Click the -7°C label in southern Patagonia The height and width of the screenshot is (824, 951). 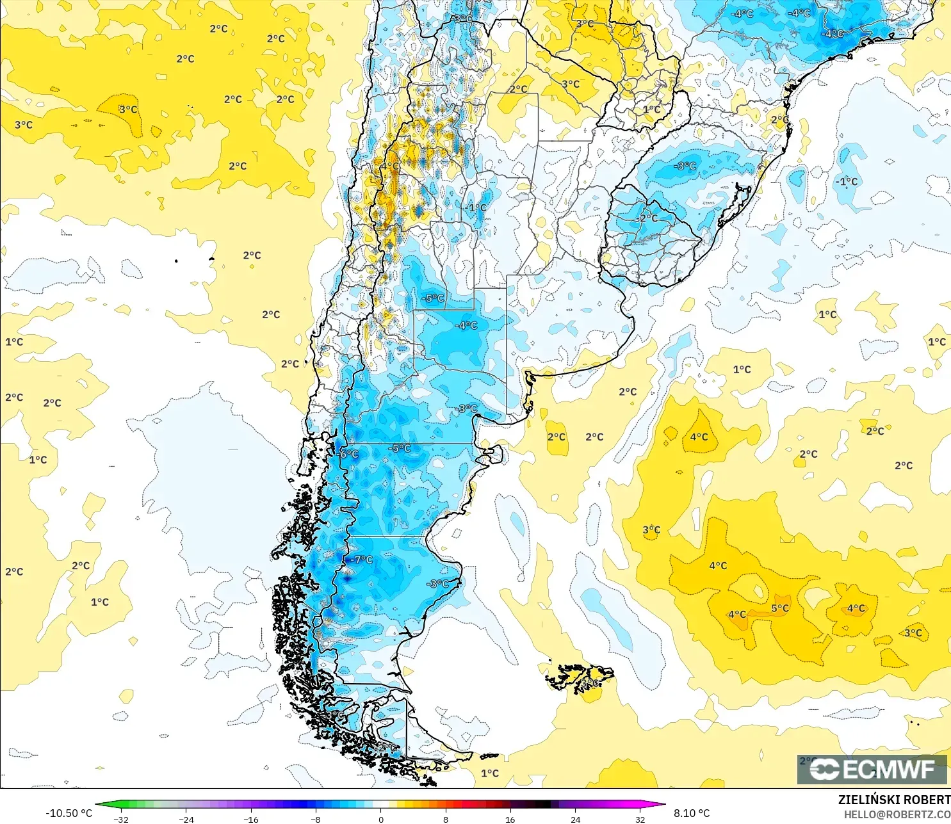click(x=362, y=560)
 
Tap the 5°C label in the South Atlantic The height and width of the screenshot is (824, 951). click(x=780, y=608)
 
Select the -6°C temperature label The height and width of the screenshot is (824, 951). click(x=349, y=454)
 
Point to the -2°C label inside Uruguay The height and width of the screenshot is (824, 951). click(x=648, y=218)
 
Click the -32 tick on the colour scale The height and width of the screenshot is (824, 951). click(x=121, y=819)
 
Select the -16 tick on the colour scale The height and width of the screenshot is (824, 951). click(x=251, y=819)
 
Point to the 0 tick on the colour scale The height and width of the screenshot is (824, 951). click(x=381, y=819)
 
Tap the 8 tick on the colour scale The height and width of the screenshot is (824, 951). click(x=446, y=819)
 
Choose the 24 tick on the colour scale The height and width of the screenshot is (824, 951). click(x=575, y=819)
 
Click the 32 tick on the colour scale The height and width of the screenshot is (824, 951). click(x=640, y=819)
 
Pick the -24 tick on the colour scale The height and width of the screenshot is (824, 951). click(x=186, y=819)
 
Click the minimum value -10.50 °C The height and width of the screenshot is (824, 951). click(x=69, y=813)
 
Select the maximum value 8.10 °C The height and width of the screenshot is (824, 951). click(x=692, y=813)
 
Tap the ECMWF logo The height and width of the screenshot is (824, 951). click(x=872, y=769)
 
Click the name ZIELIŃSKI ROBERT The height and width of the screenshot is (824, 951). click(x=894, y=800)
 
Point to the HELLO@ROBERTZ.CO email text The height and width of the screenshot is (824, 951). click(x=897, y=814)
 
